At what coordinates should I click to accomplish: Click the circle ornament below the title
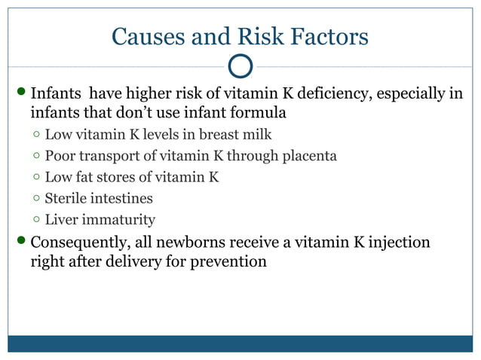(240, 66)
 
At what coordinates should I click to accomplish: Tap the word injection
(394, 243)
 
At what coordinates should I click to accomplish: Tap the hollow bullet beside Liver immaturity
(36, 220)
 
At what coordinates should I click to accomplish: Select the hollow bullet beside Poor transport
(36, 157)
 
